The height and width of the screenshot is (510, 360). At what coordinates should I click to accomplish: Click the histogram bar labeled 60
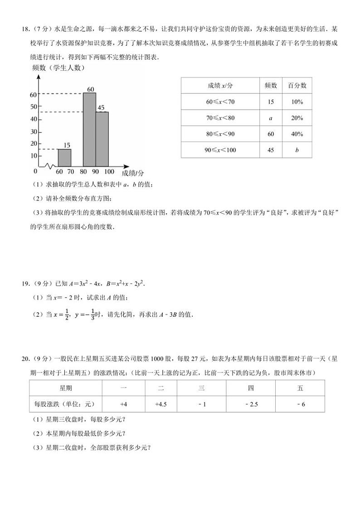coord(89,129)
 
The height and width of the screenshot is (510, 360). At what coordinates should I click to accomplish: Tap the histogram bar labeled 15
coord(64,157)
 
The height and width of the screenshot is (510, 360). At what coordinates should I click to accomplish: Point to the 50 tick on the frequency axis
coord(33,107)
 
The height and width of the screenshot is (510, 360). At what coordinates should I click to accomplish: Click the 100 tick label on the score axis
coord(109,172)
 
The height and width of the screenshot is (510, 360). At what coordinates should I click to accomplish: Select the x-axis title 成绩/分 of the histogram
coord(133,173)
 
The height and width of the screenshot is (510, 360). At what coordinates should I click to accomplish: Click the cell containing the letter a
coord(271,118)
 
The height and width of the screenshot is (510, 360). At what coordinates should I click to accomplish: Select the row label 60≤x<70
coord(220,102)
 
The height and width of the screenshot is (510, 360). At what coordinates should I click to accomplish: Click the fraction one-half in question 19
coord(66,314)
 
